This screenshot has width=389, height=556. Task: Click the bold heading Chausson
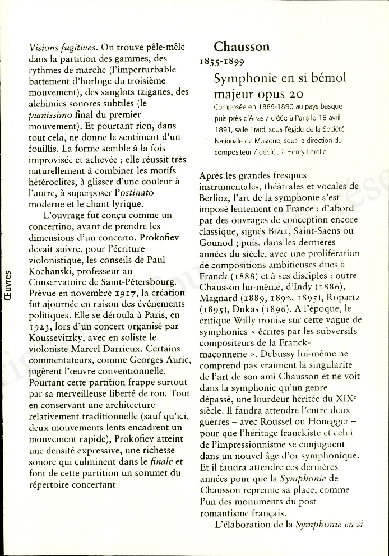pyautogui.click(x=242, y=47)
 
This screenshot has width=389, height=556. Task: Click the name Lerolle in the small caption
pyautogui.click(x=312, y=152)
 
